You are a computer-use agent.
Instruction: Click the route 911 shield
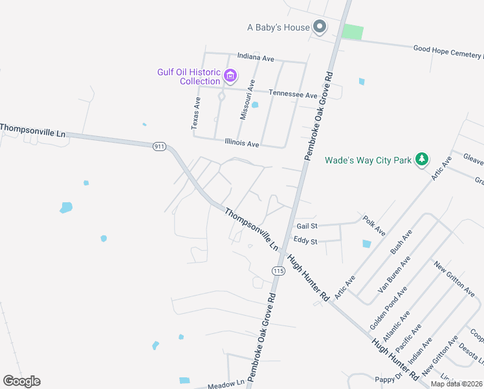(x=159, y=147)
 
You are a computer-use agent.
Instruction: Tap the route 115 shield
(x=278, y=270)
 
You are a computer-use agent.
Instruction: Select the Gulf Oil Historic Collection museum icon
(x=230, y=77)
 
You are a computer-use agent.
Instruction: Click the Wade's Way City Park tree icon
(x=422, y=159)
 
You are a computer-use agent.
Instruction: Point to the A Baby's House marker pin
(x=319, y=27)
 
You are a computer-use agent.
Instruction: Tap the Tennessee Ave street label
(x=293, y=95)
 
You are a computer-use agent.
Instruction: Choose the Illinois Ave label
(x=242, y=143)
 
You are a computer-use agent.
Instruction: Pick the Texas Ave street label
(x=197, y=113)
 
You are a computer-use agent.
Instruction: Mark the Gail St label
(x=307, y=226)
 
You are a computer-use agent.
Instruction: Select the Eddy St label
(x=305, y=241)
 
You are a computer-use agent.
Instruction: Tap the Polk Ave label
(x=374, y=226)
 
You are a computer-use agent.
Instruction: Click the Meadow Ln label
(x=226, y=385)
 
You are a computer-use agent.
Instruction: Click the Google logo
(x=21, y=381)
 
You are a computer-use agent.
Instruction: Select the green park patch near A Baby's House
(x=352, y=32)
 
